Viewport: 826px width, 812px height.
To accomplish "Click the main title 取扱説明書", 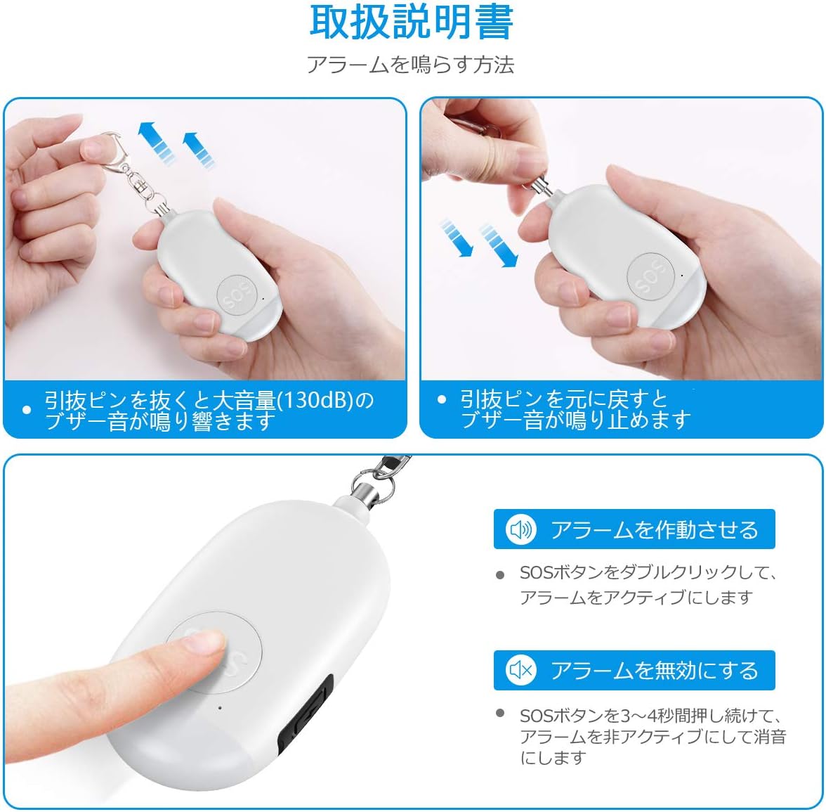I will [x=412, y=23].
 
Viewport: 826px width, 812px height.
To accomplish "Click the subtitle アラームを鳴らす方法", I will [x=411, y=65].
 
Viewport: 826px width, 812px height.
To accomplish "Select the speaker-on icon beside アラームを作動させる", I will [x=520, y=529].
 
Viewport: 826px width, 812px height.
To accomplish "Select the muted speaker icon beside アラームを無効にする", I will [x=520, y=671].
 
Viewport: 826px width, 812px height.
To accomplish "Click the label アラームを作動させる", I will [x=654, y=529].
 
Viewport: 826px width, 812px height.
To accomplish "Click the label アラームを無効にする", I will [x=654, y=671].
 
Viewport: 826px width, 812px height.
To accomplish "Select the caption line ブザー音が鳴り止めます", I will [x=575, y=420].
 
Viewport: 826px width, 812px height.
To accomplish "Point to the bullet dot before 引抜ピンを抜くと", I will [x=26, y=410].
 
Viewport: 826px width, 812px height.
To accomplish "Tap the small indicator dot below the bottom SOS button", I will [x=220, y=708].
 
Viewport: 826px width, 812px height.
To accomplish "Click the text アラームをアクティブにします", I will [x=636, y=598].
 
